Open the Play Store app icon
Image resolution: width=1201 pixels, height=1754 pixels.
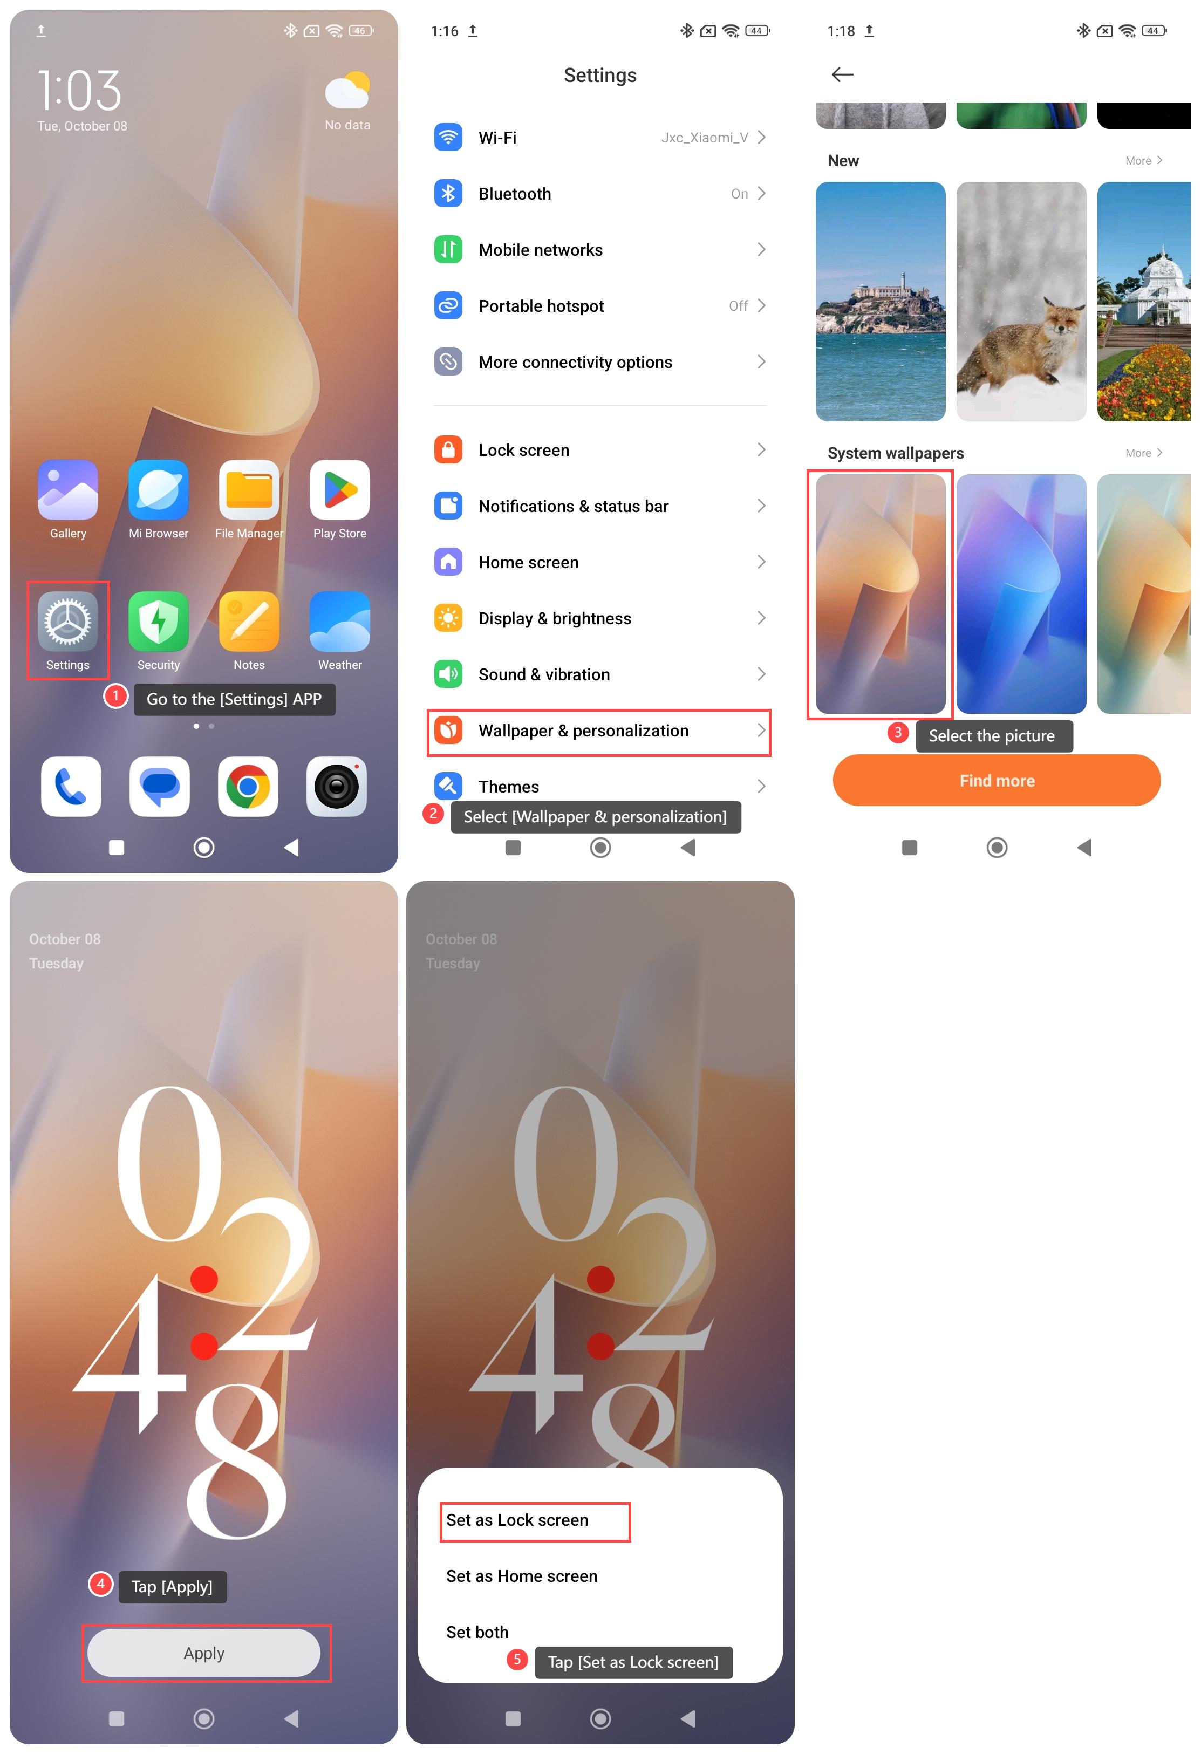pos(340,490)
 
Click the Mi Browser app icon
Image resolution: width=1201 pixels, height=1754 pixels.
pos(159,490)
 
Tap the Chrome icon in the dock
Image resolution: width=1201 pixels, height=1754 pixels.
pos(248,787)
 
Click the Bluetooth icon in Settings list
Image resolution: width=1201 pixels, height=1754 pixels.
pos(448,194)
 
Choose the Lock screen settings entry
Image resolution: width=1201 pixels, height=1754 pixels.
pos(524,451)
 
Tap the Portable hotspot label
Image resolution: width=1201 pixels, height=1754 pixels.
pos(541,306)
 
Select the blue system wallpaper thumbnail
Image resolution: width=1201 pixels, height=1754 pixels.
pos(1021,594)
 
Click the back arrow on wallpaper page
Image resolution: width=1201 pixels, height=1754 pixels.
pos(842,74)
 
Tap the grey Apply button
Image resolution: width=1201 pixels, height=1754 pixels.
pos(204,1653)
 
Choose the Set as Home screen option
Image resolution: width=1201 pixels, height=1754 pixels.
pos(522,1576)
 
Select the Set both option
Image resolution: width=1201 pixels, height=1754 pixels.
pos(477,1632)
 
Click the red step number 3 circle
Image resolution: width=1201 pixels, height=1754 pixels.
pos(898,732)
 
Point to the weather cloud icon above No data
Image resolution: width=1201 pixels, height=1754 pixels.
pos(347,91)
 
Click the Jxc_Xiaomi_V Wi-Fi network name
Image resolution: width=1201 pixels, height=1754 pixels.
pos(704,138)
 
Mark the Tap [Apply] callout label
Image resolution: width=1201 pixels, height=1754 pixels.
pos(172,1586)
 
